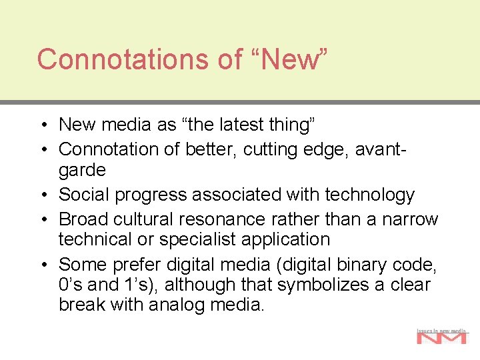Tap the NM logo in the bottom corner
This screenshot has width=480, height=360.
pos(442,337)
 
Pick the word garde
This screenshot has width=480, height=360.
pos(82,170)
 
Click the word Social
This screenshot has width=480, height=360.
pos(87,195)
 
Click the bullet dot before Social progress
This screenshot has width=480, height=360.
pos(42,195)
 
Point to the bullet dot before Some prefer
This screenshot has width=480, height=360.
pos(42,265)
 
